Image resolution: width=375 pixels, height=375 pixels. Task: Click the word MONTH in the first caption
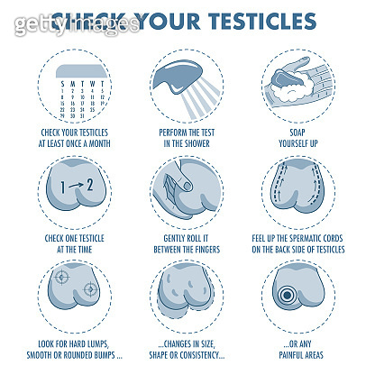pos(107,142)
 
